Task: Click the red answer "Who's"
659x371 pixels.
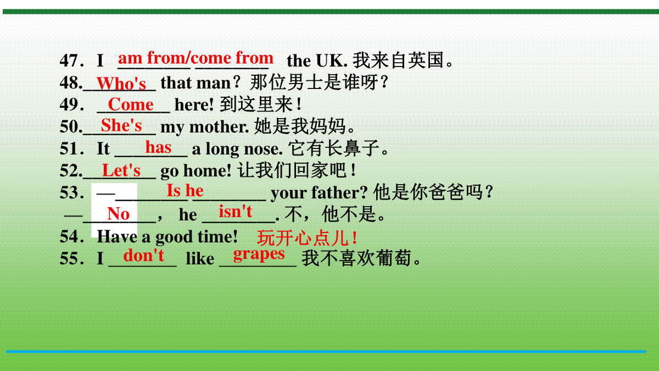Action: pos(121,84)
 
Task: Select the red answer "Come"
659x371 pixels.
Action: pos(131,104)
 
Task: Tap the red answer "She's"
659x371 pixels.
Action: pos(121,125)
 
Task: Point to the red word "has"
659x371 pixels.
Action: pos(158,147)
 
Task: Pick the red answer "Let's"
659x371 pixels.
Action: pos(121,170)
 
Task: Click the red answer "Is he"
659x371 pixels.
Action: pos(185,190)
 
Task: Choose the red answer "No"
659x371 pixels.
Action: pos(118,213)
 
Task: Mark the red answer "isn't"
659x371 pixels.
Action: pos(236,211)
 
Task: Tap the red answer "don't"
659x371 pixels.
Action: pos(143,255)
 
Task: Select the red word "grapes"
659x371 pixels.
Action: pos(259,254)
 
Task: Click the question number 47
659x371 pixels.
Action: pos(69,60)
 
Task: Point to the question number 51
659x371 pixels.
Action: pos(69,148)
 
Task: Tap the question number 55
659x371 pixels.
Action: pos(69,258)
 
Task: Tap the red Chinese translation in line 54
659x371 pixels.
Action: pos(307,238)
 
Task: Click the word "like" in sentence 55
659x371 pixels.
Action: pos(200,258)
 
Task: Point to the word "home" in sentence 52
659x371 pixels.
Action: pos(208,170)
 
